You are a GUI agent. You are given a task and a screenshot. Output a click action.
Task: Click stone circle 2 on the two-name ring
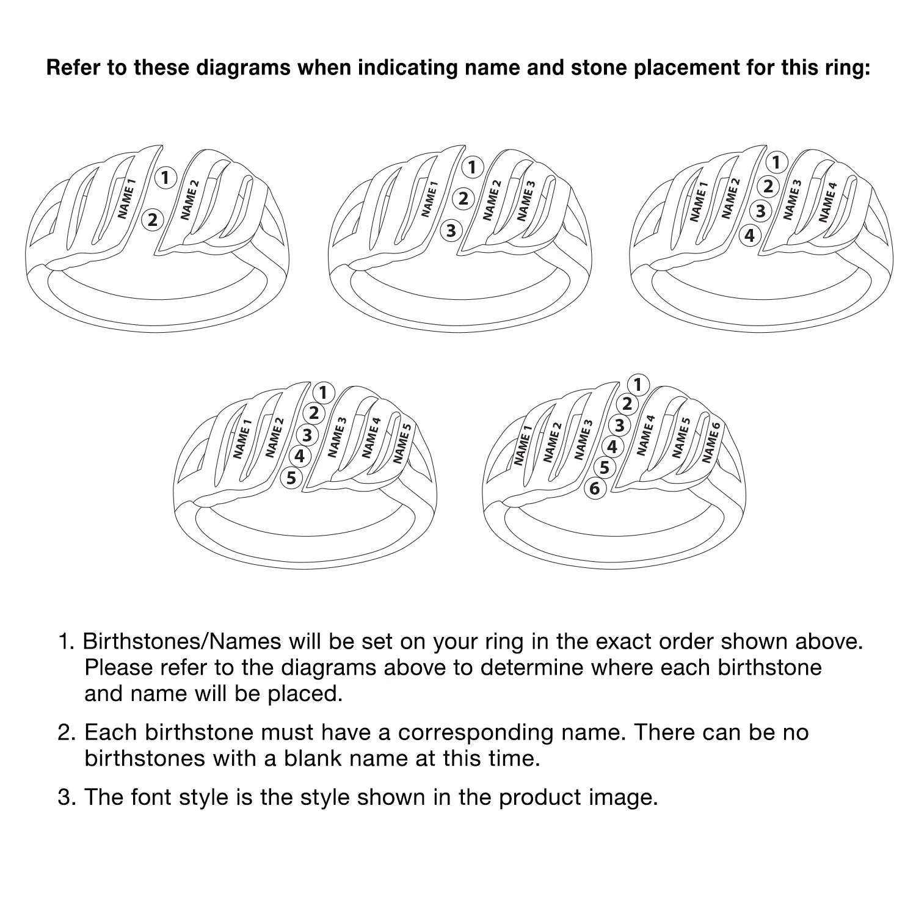153,219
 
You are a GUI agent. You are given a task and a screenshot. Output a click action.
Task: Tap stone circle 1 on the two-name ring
165,178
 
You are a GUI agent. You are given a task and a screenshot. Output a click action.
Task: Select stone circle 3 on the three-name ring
451,231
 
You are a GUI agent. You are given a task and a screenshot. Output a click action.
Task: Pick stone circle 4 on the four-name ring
750,235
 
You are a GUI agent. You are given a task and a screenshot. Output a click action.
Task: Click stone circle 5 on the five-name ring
291,478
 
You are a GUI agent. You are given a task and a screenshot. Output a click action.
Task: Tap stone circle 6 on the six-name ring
595,489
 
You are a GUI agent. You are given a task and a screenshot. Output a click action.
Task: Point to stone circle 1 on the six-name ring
638,385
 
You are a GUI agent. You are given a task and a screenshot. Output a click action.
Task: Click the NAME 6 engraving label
711,442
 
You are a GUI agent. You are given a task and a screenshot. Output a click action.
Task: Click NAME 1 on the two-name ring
126,198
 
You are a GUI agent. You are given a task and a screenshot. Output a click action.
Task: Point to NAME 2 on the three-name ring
492,200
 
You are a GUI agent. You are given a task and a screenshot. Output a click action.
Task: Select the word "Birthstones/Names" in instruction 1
182,641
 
